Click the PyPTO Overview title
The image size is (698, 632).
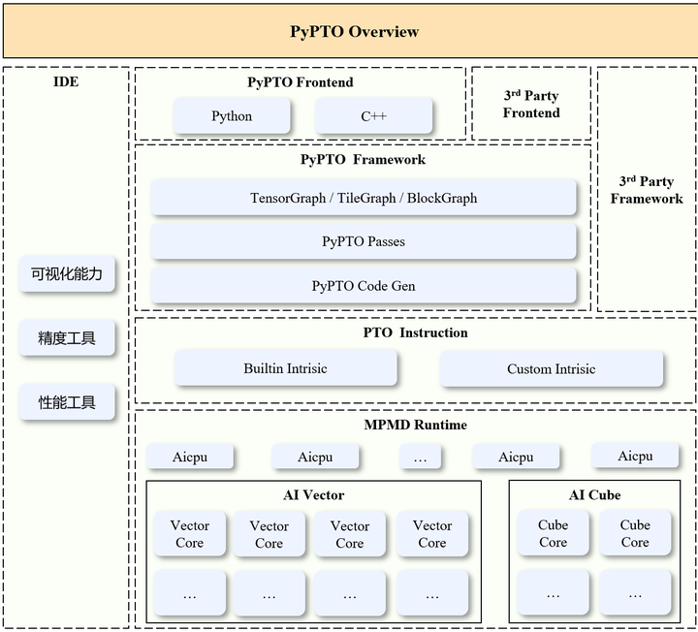click(x=355, y=32)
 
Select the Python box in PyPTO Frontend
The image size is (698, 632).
click(x=232, y=115)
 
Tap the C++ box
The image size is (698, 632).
click(x=373, y=115)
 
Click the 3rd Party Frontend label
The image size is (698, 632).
click(x=531, y=104)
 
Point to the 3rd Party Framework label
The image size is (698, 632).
click(x=647, y=190)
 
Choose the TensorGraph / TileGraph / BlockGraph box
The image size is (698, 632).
click(x=364, y=197)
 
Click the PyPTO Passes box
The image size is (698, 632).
click(x=364, y=241)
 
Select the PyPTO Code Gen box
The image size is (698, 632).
click(x=364, y=285)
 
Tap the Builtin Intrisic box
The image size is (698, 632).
click(x=285, y=368)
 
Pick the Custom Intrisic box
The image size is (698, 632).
click(x=551, y=368)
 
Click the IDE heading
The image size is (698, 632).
click(x=66, y=81)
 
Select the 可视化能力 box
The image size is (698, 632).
click(x=67, y=273)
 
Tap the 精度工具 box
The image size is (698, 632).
click(x=67, y=337)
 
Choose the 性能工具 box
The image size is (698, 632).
click(x=67, y=402)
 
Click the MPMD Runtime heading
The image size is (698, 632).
click(x=415, y=425)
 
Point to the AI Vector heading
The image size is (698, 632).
click(x=314, y=495)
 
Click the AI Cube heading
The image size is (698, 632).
click(x=594, y=495)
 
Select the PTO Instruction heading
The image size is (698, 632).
click(x=415, y=332)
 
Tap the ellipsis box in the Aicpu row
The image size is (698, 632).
click(x=420, y=457)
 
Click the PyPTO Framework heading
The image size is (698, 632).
click(x=363, y=160)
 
